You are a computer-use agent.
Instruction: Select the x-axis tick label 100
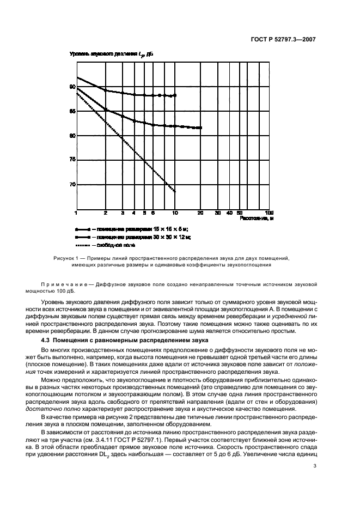pyautogui.click(x=269, y=212)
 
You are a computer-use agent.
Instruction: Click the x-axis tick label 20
pyautogui.click(x=201, y=212)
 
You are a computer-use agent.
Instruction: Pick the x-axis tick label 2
pyautogui.click(x=105, y=212)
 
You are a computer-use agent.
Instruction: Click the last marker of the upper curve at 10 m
pyautogui.click(x=175, y=95)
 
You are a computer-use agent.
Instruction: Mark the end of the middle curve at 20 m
pyautogui.click(x=201, y=127)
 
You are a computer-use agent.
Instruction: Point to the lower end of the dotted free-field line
pyautogui.click(x=175, y=191)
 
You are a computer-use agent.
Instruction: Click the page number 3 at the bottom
pyautogui.click(x=314, y=466)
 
